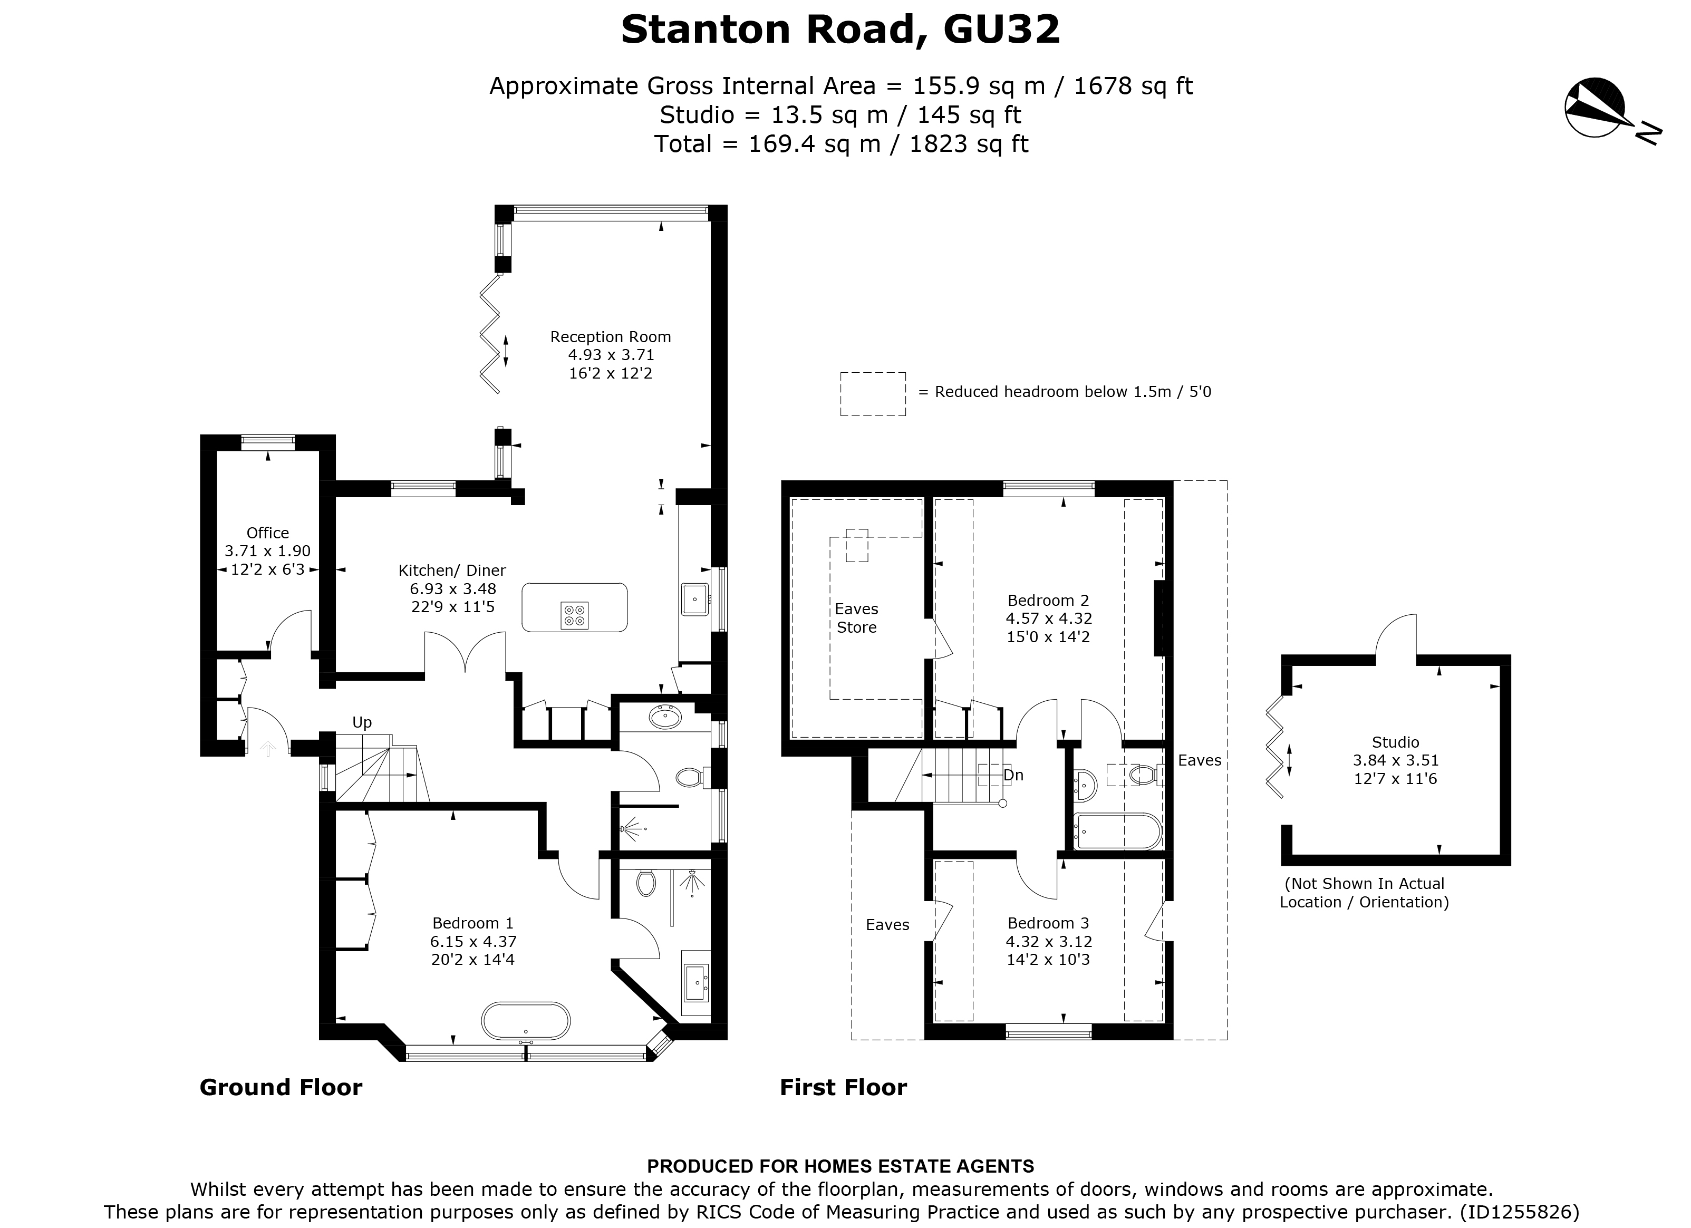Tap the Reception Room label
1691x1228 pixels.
[x=610, y=337]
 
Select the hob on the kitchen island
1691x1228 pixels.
[x=575, y=614]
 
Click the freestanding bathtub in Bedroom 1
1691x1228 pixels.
[x=526, y=1021]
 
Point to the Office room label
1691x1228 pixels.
[x=267, y=533]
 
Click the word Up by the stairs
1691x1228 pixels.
[x=362, y=722]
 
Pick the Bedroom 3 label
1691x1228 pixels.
[x=1048, y=923]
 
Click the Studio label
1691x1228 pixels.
[x=1395, y=742]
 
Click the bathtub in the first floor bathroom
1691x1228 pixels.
[x=1116, y=832]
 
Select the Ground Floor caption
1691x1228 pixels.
[x=281, y=1088]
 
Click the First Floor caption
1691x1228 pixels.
[x=843, y=1088]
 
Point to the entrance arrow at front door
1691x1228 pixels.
[x=267, y=748]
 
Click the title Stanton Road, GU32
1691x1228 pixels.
[x=840, y=30]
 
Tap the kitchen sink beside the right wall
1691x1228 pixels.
[x=694, y=600]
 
